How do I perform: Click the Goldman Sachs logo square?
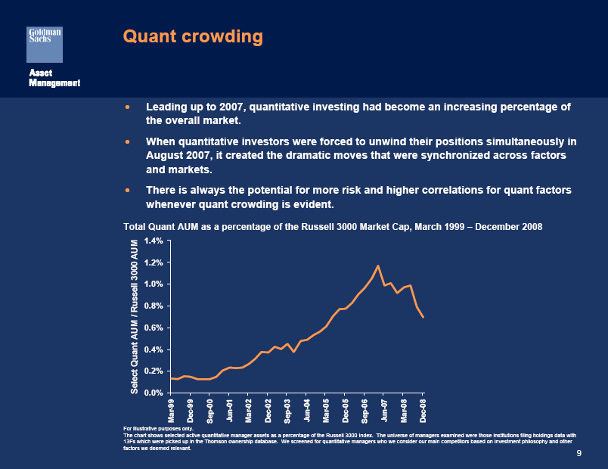pyautogui.click(x=45, y=44)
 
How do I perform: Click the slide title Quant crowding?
pyautogui.click(x=193, y=36)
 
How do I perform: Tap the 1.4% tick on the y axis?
pyautogui.click(x=153, y=241)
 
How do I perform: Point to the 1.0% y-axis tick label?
pyautogui.click(x=153, y=284)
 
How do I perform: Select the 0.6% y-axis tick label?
pyautogui.click(x=153, y=328)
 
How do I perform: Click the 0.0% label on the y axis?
pyautogui.click(x=153, y=393)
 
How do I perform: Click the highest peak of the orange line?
pyautogui.click(x=378, y=266)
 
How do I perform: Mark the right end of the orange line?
pyautogui.click(x=423, y=317)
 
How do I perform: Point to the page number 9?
pyautogui.click(x=579, y=453)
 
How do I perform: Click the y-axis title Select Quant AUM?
pyautogui.click(x=135, y=316)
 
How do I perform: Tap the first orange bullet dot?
pyautogui.click(x=128, y=107)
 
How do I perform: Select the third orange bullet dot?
pyautogui.click(x=128, y=189)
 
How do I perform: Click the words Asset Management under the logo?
pyautogui.click(x=54, y=77)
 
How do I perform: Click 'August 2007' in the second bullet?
pyautogui.click(x=177, y=155)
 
